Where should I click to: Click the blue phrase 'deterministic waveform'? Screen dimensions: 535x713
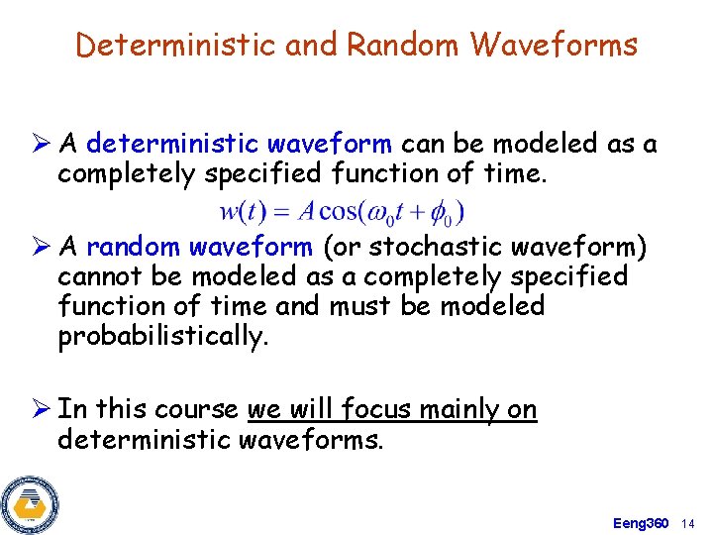(239, 145)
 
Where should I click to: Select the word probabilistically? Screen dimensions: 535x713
(163, 337)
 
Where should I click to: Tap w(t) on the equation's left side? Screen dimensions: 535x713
(240, 212)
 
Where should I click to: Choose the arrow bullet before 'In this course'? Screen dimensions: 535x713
(40, 409)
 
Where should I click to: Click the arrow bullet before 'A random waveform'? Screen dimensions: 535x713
(40, 247)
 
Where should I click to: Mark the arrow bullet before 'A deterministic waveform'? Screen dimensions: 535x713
(40, 145)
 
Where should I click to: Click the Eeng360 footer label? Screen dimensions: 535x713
(641, 522)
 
